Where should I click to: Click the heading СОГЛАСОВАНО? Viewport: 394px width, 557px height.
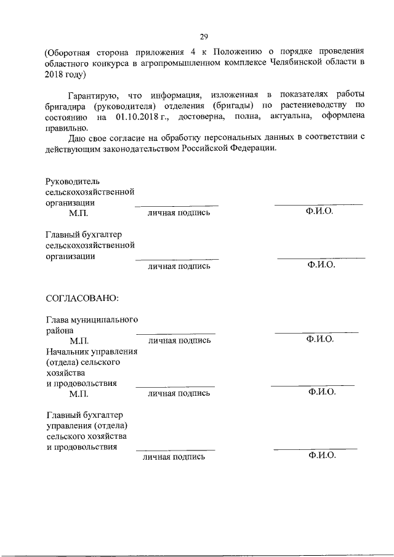coord(82,298)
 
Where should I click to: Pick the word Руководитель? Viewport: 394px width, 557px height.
coord(72,181)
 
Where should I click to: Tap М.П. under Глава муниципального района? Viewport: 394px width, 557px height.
coord(79,340)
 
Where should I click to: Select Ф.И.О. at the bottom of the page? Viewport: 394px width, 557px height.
coord(320,456)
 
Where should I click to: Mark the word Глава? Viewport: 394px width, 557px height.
coord(58,319)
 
